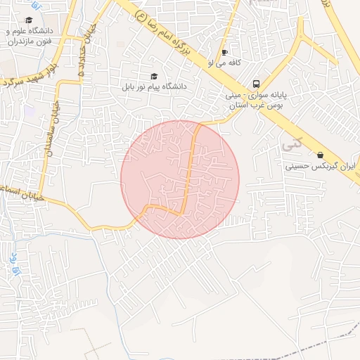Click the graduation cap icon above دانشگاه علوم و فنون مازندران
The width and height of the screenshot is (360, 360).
30,20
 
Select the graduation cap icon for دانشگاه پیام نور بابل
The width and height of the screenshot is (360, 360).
154,76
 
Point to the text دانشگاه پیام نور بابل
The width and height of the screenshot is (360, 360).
154,87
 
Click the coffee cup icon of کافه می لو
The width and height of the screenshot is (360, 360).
224,52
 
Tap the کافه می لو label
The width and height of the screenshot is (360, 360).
225,63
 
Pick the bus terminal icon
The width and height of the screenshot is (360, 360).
256,82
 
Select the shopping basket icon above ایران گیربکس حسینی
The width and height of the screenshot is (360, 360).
321,155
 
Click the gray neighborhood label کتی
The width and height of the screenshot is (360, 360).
288,144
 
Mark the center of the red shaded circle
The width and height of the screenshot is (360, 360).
180,179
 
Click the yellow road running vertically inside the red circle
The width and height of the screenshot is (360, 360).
188,176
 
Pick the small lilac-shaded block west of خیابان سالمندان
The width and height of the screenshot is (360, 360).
30,110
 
